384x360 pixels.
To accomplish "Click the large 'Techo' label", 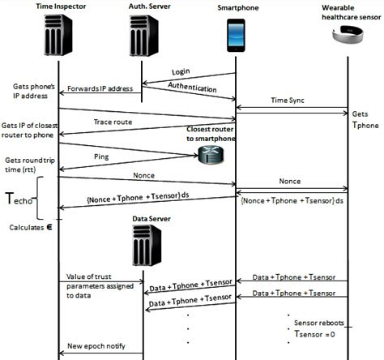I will tap(22, 199).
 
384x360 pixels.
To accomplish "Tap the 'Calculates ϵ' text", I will tap(31, 228).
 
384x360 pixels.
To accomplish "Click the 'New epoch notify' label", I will tap(98, 345).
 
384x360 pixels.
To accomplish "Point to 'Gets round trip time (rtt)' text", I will tap(28, 165).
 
